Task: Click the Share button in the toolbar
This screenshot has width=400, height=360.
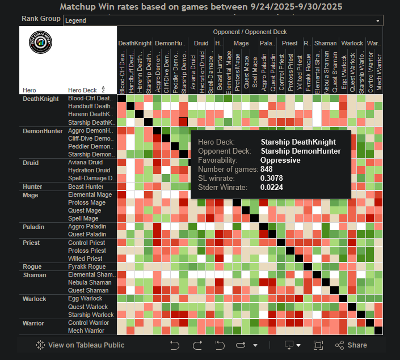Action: coord(351,345)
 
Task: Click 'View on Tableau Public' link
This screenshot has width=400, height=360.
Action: coord(80,345)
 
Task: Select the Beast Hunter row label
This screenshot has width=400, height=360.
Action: coord(85,187)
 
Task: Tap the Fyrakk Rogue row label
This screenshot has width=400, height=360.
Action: coord(86,266)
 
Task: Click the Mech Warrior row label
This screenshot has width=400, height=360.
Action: coord(86,331)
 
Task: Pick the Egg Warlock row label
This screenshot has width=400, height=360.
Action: coord(85,298)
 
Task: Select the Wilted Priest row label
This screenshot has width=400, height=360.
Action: coord(85,259)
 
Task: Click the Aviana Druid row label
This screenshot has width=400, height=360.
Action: coord(85,163)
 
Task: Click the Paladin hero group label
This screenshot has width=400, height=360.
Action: coord(34,227)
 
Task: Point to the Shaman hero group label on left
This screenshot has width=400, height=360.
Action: coord(34,274)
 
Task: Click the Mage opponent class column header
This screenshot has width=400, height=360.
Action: coord(241,43)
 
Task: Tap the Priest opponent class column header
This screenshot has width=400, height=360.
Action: coord(289,43)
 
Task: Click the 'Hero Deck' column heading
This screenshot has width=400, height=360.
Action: coord(82,90)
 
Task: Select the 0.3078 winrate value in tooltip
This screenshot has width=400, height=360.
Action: coord(271,178)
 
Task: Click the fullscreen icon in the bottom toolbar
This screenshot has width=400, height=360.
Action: coord(318,345)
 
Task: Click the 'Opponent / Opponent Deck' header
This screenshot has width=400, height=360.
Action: coord(250,32)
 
